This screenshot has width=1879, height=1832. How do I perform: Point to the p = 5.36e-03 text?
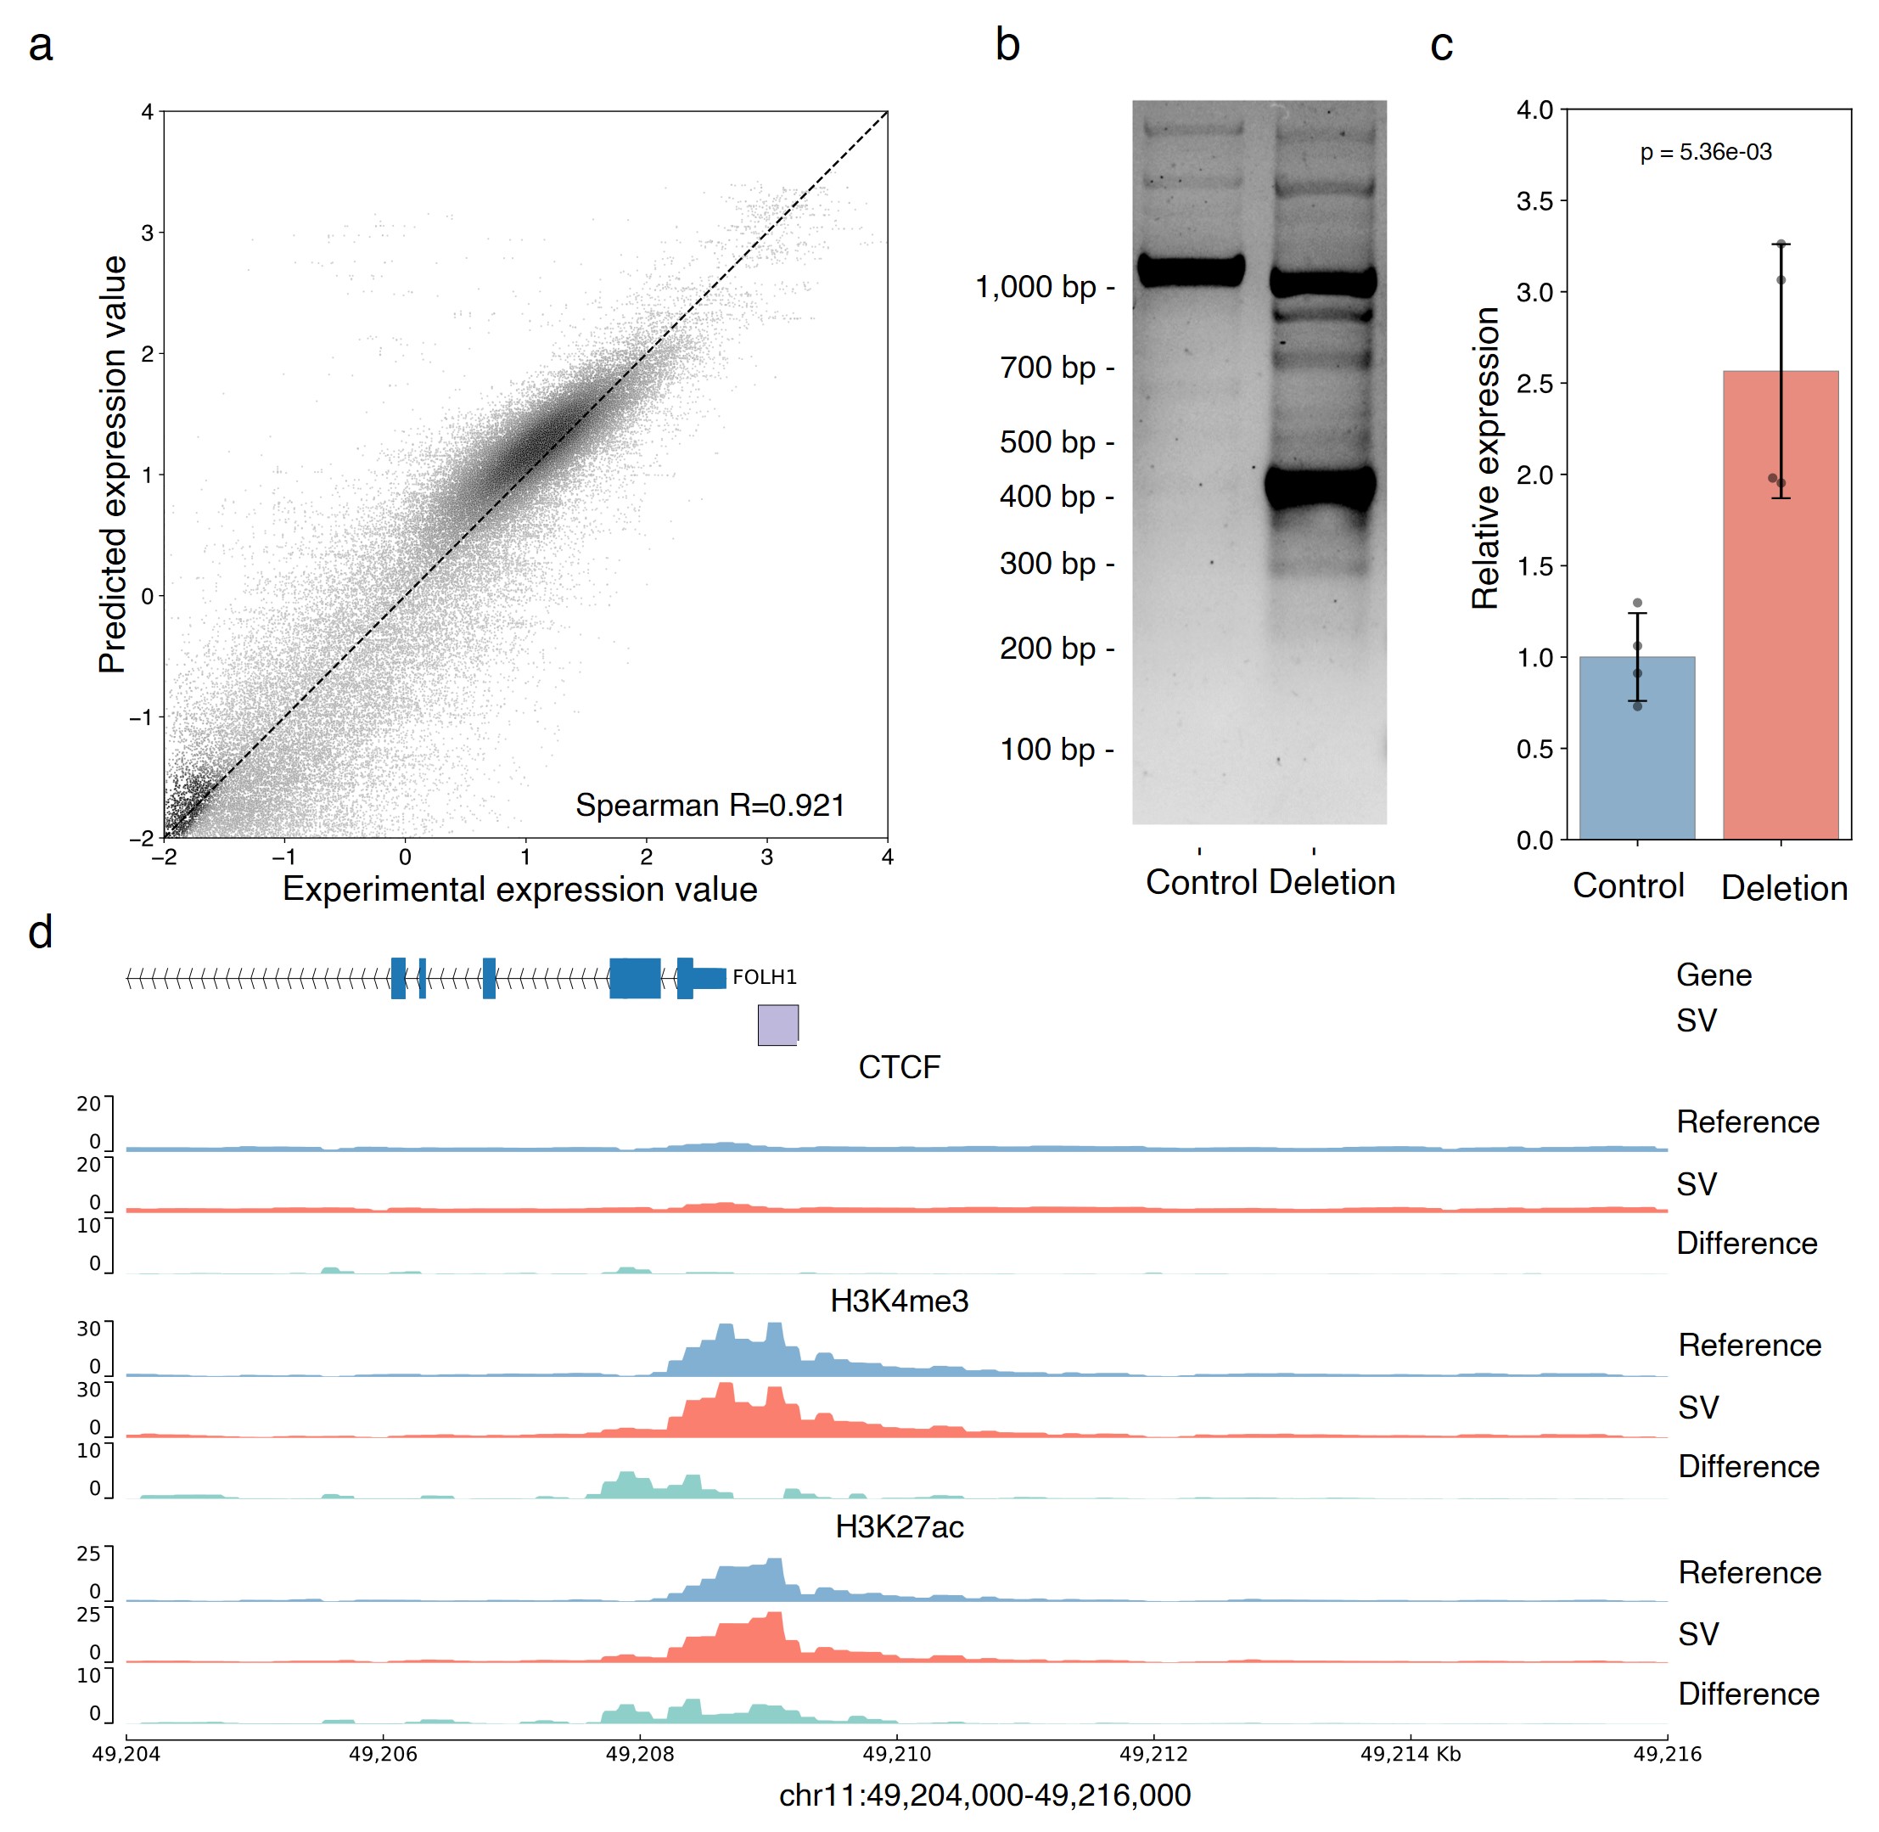[x=1705, y=152]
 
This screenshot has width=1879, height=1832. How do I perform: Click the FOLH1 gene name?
[x=764, y=978]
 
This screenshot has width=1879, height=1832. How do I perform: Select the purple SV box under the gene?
[x=777, y=1024]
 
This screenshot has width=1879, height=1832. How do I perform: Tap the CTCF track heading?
[x=899, y=1067]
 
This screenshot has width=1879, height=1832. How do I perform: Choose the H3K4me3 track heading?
[x=899, y=1301]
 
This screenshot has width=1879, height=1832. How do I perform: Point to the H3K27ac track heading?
[x=899, y=1527]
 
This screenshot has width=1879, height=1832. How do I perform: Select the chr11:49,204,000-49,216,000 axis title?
[x=984, y=1795]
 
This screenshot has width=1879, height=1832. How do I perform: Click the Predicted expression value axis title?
[x=114, y=464]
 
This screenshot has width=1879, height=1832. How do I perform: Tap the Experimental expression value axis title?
[x=519, y=889]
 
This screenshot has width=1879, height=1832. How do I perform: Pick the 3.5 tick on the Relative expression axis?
[x=1534, y=201]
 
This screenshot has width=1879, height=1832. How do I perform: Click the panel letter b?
[x=1007, y=45]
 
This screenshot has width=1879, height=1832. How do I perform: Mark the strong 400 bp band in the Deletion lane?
[x=1320, y=488]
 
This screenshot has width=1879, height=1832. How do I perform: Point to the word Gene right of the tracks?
[x=1714, y=975]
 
